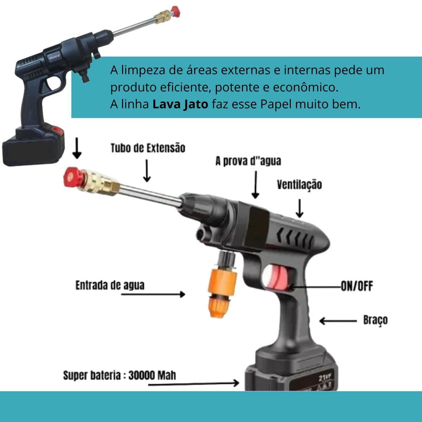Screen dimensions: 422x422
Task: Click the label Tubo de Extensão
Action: [148, 148]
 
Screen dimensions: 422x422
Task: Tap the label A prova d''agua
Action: [248, 161]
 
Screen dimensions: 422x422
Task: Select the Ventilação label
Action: [299, 185]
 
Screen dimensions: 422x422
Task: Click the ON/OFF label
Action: [357, 286]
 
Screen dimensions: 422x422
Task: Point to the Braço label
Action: [375, 320]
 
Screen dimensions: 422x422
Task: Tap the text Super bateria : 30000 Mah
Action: [119, 375]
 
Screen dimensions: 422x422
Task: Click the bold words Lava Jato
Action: [180, 104]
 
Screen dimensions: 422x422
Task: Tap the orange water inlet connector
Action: [222, 293]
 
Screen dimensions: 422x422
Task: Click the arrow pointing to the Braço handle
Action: [338, 321]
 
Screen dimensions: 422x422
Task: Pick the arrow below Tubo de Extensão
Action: [147, 171]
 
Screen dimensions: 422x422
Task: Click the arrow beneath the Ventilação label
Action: [299, 208]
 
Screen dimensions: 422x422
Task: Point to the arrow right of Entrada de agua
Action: [153, 294]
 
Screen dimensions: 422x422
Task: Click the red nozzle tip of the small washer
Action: [176, 12]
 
